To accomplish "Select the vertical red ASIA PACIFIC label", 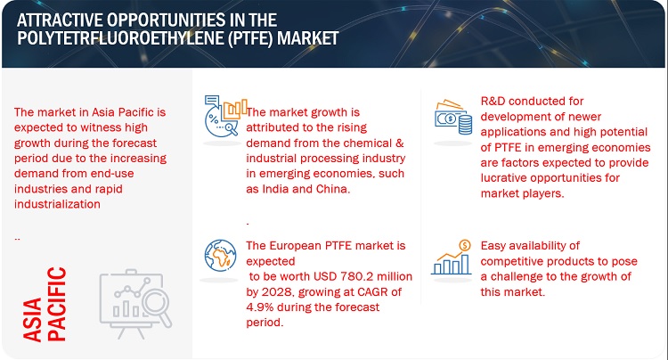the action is pos(45,304).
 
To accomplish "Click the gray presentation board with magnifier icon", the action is pos(135,304).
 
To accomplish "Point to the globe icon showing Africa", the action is pos(220,255).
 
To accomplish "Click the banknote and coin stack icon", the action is pos(453,117).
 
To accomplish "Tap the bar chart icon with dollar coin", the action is pos(452,257).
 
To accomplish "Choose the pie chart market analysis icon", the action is pos(225,116).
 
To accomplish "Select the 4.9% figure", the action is pos(257,307).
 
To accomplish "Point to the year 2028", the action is pos(277,292).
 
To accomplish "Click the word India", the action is pos(275,189).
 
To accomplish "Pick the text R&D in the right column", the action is pos(493,101).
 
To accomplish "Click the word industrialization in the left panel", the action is pos(57,204).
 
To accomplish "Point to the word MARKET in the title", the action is pos(307,38).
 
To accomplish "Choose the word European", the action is pos(295,246).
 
